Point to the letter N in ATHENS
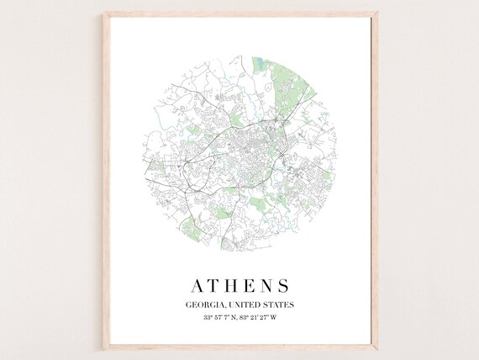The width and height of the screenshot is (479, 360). pos(270,286)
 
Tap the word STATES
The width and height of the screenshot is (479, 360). pos(280,304)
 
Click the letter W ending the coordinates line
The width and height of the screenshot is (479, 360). pos(286,318)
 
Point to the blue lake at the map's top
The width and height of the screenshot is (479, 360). pos(259,63)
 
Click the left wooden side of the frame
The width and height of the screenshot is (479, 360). pos(107,185)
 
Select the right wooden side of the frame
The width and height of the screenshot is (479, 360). pos(374,185)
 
